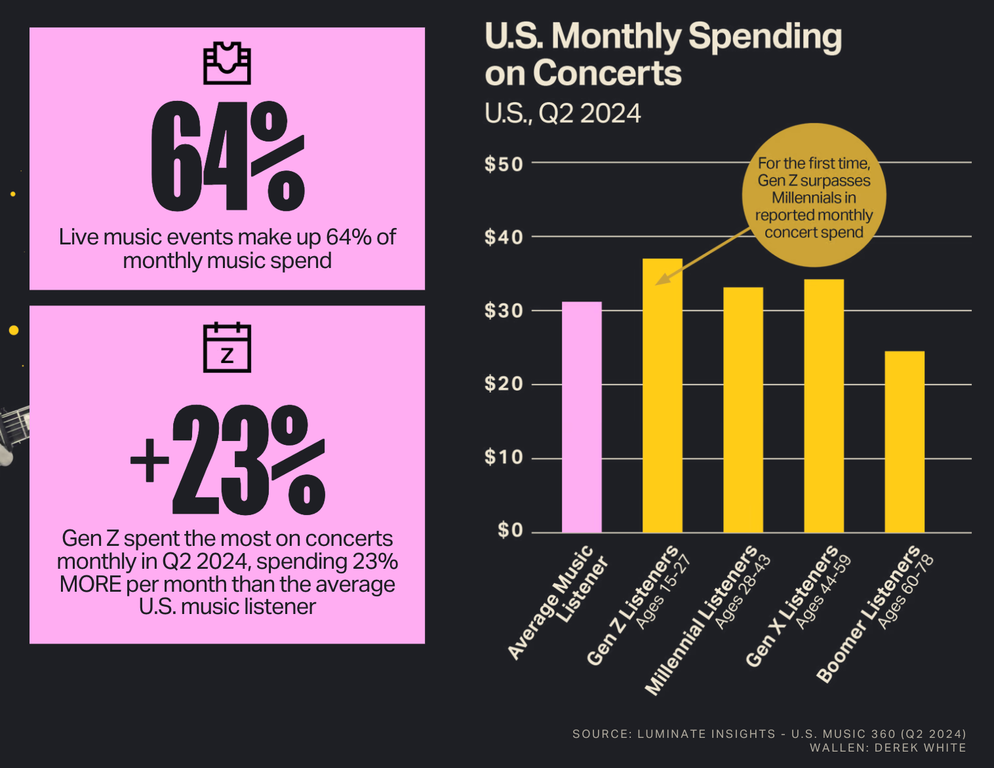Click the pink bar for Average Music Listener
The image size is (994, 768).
[x=582, y=417]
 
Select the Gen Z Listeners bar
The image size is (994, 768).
[x=662, y=396]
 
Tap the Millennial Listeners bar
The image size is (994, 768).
[x=743, y=410]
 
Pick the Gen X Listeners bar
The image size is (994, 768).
[x=824, y=406]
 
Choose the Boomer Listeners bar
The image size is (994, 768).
[x=904, y=442]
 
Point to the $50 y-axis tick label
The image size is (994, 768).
[x=504, y=164]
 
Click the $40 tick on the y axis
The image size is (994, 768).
[x=504, y=237]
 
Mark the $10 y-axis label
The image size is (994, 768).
[x=504, y=457]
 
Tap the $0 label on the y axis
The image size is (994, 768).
[x=510, y=530]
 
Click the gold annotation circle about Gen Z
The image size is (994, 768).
[x=814, y=196]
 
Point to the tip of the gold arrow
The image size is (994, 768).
[x=658, y=284]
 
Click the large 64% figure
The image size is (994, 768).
[x=228, y=157]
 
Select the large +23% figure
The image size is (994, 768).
[x=228, y=461]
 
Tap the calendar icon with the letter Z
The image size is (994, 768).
[x=227, y=347]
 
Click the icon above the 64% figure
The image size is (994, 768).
[x=227, y=63]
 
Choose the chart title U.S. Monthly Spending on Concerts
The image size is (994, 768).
[x=662, y=54]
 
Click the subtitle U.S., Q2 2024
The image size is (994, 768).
[x=563, y=114]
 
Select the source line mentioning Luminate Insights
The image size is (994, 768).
[x=768, y=734]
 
